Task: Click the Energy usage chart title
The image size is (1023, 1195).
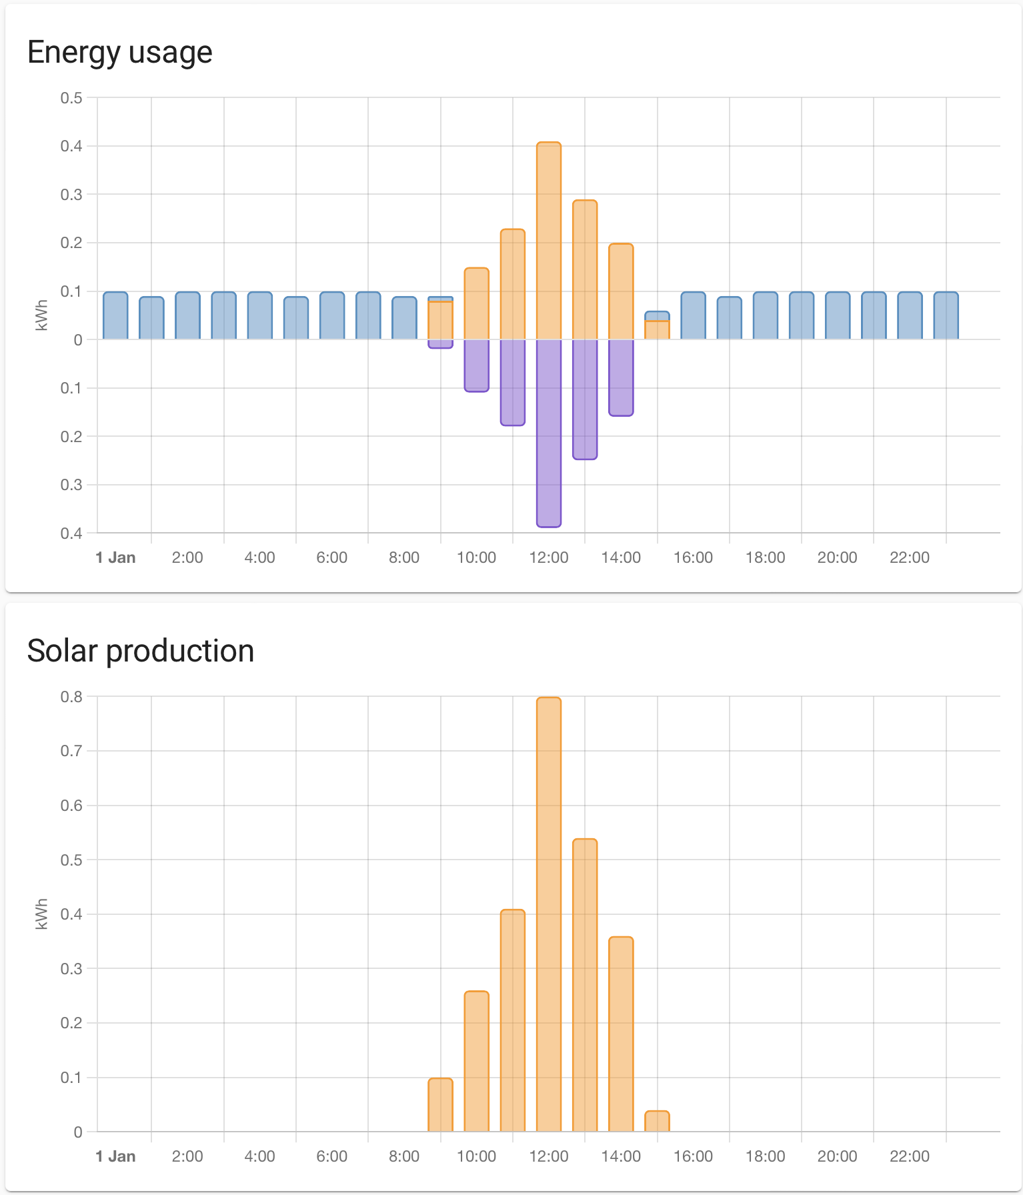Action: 119,52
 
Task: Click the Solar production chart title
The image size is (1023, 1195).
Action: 140,651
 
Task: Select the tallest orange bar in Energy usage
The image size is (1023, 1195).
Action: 549,240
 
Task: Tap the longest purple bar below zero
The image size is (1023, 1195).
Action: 549,433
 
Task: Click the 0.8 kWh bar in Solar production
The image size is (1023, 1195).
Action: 549,914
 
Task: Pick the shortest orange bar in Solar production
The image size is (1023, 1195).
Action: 657,1122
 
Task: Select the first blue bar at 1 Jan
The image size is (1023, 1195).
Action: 115,316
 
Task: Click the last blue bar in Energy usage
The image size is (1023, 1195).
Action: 946,316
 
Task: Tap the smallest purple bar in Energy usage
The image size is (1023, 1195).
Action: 440,343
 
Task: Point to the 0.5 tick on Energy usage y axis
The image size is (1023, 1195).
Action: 71,98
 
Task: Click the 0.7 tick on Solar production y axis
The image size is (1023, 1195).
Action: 71,751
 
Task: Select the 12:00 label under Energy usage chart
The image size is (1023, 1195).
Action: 549,557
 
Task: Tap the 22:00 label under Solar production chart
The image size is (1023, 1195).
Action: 909,1156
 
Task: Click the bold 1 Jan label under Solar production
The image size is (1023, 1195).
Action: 115,1156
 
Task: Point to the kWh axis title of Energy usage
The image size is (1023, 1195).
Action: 41,315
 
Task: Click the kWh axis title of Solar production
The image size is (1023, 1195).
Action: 41,914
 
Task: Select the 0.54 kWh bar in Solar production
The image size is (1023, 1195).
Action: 585,986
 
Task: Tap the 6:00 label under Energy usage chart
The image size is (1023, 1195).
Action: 331,557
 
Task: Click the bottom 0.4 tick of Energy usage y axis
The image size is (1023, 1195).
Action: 71,533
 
